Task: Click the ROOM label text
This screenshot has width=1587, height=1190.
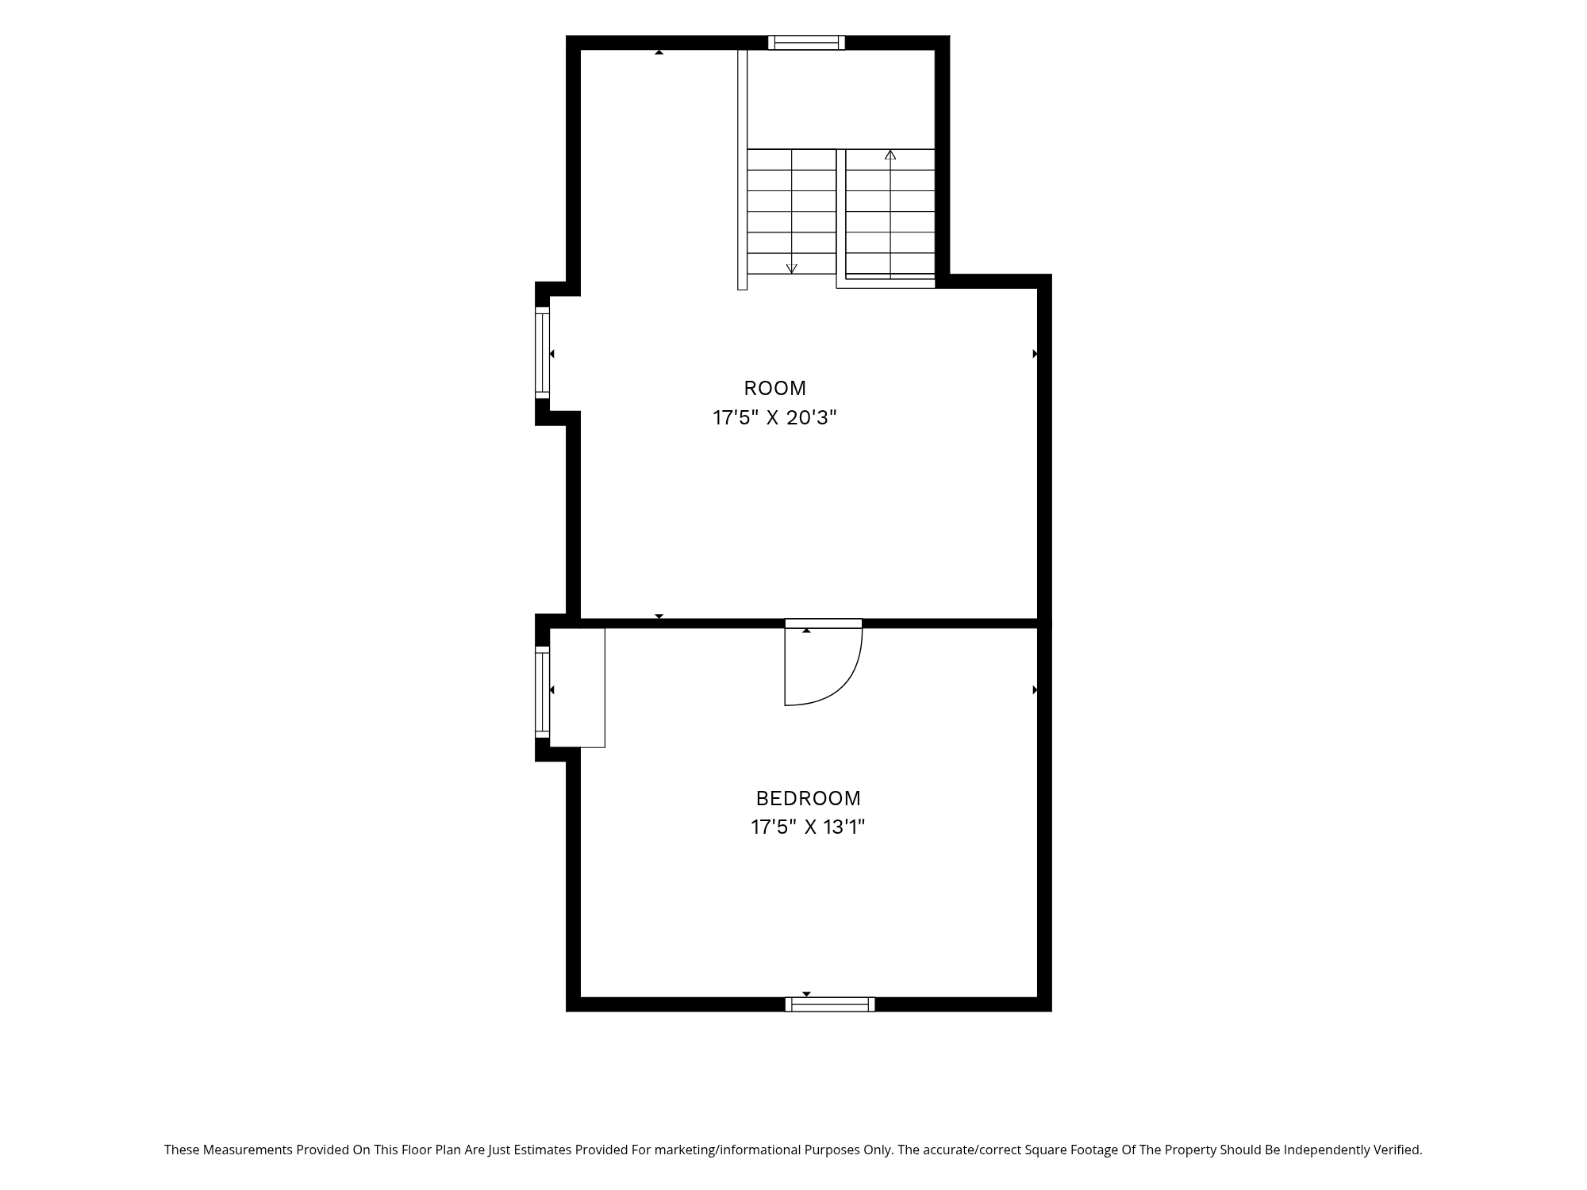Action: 774,388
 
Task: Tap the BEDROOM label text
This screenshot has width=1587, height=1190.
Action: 808,798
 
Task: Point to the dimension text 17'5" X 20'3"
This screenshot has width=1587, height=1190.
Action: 774,417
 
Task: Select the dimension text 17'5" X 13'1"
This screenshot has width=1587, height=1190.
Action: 808,827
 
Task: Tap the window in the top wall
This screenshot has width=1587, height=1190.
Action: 806,43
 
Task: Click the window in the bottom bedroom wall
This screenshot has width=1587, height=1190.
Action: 830,1004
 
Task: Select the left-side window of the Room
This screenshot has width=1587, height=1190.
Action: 542,352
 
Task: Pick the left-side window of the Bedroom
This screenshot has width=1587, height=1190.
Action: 542,692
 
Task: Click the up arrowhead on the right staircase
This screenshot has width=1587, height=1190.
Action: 890,155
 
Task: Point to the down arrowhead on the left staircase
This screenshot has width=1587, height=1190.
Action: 791,269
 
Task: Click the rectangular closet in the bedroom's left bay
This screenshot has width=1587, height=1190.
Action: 577,688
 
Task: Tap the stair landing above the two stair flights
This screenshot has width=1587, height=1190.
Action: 841,99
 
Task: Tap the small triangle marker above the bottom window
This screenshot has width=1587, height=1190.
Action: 806,994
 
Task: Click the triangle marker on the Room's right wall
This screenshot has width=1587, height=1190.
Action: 1035,354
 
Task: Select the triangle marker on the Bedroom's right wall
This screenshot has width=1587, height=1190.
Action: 1035,690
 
